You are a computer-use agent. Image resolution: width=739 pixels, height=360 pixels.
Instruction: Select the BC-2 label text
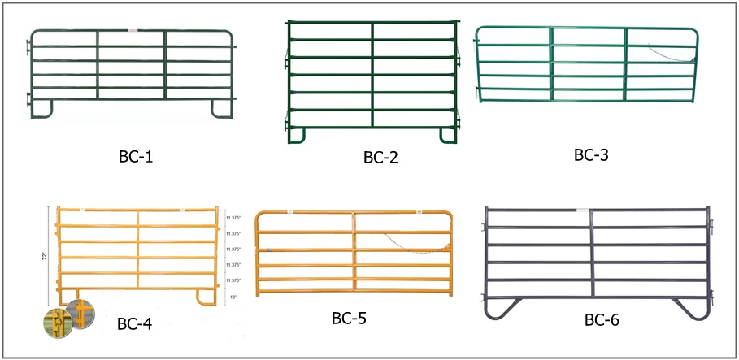(380, 157)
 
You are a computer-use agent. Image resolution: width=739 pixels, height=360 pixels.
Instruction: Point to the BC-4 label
(134, 324)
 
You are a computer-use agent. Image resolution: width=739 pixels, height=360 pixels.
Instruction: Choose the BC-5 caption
(350, 317)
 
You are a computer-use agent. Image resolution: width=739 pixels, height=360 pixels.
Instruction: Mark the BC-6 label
(602, 320)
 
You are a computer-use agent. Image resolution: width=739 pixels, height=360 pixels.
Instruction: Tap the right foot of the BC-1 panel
(220, 108)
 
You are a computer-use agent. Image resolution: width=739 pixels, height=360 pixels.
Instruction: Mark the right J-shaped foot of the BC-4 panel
(204, 296)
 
